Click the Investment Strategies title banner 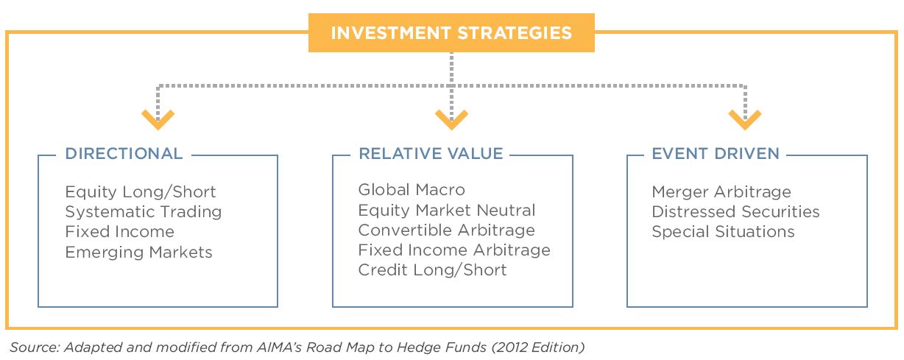[451, 32]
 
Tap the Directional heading [124, 154]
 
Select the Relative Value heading [431, 154]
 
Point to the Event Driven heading [716, 154]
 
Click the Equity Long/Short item [141, 191]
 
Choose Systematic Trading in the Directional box [144, 212]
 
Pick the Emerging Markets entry [138, 253]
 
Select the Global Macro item [412, 189]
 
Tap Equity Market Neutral [447, 210]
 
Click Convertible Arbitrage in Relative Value [446, 230]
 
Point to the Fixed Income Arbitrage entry [454, 250]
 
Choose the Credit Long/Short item [432, 270]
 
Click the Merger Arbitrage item [721, 191]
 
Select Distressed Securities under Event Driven [735, 211]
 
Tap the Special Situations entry [723, 232]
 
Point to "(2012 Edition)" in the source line [537, 347]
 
